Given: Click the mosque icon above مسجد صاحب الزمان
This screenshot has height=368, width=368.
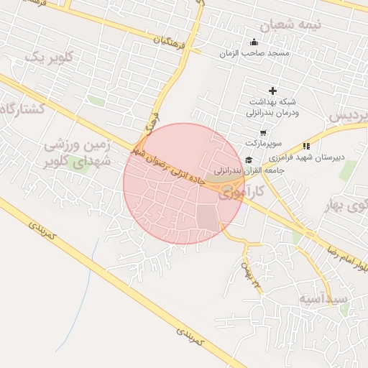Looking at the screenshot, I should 253,41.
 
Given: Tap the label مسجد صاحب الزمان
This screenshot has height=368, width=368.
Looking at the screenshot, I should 254,54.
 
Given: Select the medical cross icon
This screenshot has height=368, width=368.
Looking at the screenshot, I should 272,91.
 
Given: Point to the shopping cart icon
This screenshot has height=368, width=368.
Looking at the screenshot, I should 263,132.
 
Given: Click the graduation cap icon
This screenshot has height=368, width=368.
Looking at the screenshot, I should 249,160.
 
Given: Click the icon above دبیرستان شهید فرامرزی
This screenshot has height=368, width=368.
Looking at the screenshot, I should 306,146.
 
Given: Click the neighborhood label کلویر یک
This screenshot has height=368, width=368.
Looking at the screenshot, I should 50,57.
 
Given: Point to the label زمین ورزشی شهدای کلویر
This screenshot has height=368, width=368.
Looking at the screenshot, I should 78,152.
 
